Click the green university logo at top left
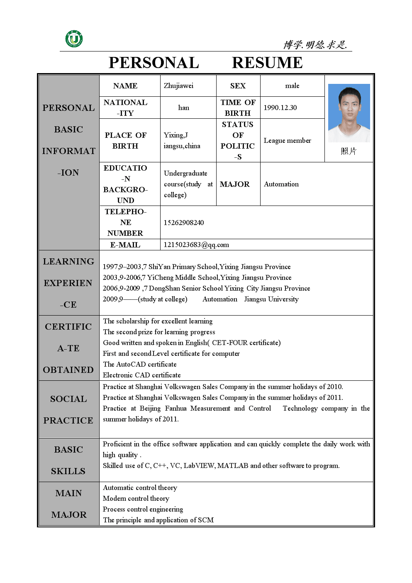pyautogui.click(x=74, y=39)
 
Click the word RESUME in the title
pyautogui.click(x=267, y=63)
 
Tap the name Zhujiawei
pyautogui.click(x=178, y=86)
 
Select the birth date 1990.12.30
pyautogui.click(x=280, y=108)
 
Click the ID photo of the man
pyautogui.click(x=349, y=113)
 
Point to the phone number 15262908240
pyautogui.click(x=183, y=223)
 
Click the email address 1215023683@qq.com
pyautogui.click(x=196, y=245)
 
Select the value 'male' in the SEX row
pyautogui.click(x=292, y=86)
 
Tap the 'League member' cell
pyautogui.click(x=287, y=140)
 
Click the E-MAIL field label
pyautogui.click(x=125, y=245)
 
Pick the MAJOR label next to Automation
pyautogui.click(x=234, y=184)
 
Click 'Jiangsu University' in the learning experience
pyautogui.click(x=271, y=299)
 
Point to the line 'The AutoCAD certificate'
pyautogui.click(x=140, y=364)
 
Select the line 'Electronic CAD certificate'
pyautogui.click(x=142, y=375)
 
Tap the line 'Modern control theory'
pyautogui.click(x=136, y=498)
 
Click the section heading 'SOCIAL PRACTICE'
pyautogui.click(x=68, y=409)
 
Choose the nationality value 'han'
pyautogui.click(x=183, y=108)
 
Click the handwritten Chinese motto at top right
pyautogui.click(x=315, y=44)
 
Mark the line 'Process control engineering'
pyautogui.click(x=143, y=509)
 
